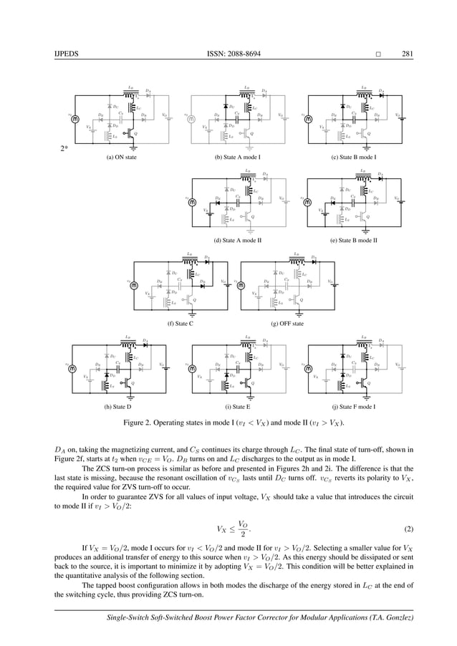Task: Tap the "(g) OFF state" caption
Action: (x=289, y=324)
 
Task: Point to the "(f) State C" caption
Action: (x=181, y=324)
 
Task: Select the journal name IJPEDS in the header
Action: (x=65, y=52)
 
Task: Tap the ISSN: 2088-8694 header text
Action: (x=228, y=52)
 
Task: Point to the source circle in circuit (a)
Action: (x=74, y=118)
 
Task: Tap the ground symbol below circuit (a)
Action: (x=131, y=148)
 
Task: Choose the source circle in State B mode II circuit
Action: (x=308, y=203)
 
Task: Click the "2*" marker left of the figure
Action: (x=64, y=150)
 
